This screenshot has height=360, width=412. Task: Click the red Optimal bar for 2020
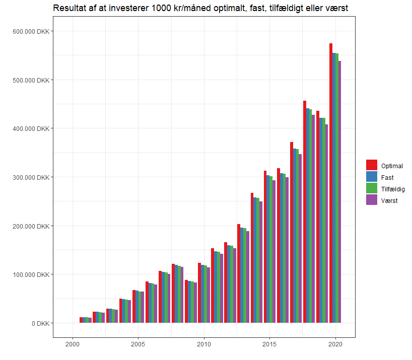click(331, 183)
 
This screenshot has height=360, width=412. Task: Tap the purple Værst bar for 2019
click(326, 224)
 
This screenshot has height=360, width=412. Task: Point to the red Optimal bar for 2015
click(265, 247)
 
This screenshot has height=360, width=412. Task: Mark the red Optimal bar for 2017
click(292, 232)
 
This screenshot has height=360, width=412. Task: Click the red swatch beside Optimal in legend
click(372, 166)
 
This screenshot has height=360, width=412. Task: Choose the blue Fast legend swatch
click(372, 177)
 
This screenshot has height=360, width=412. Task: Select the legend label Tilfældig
click(393, 189)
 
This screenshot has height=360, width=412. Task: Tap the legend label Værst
click(389, 200)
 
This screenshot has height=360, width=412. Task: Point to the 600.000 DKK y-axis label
click(31, 31)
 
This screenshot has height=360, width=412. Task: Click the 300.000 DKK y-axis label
click(31, 177)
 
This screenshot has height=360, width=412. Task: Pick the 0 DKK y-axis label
click(40, 323)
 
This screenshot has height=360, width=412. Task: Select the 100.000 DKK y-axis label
click(31, 274)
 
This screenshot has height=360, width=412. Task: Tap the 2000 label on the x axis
click(73, 344)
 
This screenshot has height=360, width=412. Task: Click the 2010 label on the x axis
click(204, 344)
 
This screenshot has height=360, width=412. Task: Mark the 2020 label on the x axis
click(335, 344)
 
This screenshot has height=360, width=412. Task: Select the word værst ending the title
click(337, 9)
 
